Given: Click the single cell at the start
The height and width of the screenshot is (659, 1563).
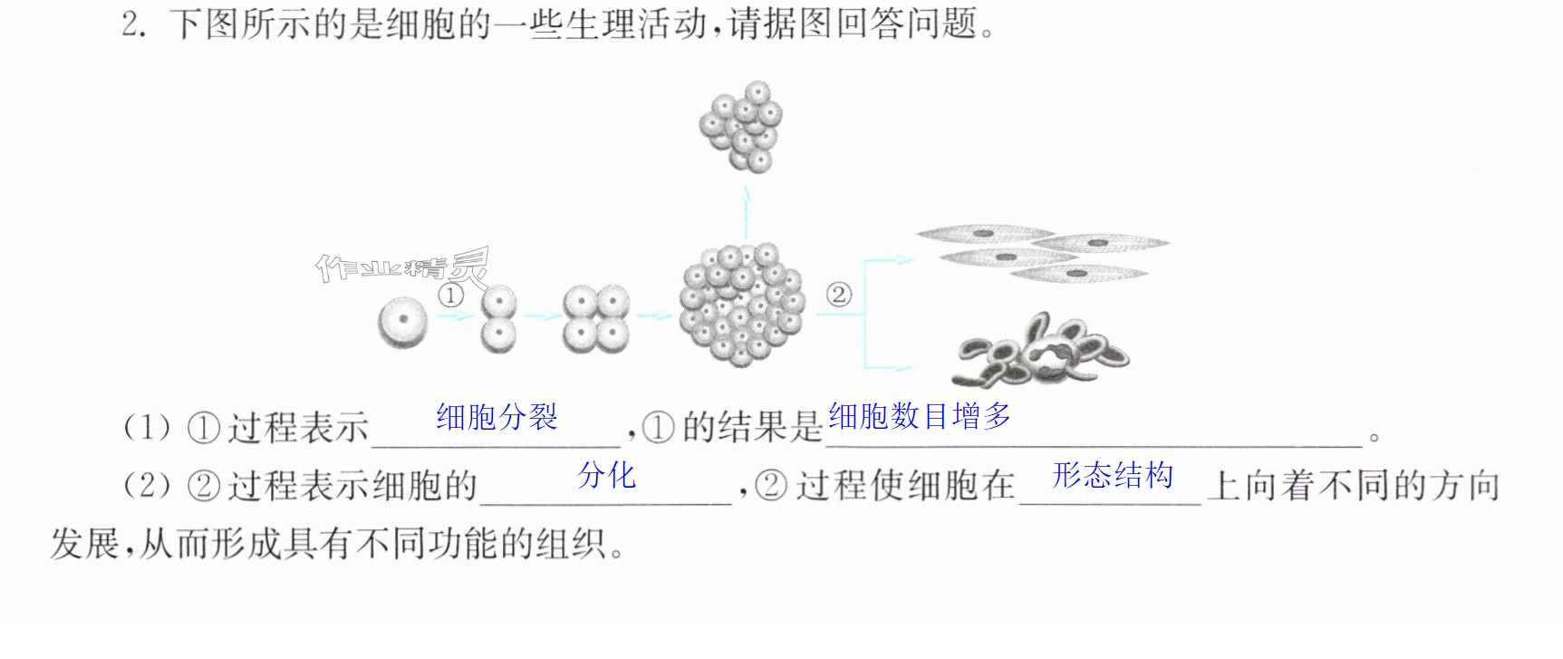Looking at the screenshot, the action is coord(402,320).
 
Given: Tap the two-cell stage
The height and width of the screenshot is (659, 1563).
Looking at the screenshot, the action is coord(498,318).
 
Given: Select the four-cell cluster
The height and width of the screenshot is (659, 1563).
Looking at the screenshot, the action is coord(596,319).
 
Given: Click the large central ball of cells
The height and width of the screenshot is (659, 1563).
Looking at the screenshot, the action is coord(742,305).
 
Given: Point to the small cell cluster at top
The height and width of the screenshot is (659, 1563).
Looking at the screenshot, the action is coord(741,126).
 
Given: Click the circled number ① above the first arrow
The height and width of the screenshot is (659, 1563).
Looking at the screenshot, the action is coord(450,296).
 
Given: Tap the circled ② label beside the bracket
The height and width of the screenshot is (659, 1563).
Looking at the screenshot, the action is coord(839,295).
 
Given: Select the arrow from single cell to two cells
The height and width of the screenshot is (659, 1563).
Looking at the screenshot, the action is coord(455,316).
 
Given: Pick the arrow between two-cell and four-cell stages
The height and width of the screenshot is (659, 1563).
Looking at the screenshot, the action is coord(540,316).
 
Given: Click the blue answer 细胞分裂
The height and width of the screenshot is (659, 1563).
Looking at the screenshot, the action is coord(497,417).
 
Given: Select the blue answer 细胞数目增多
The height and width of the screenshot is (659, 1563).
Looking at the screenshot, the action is coord(920,416).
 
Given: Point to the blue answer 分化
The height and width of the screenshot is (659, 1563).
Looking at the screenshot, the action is coord(607,475).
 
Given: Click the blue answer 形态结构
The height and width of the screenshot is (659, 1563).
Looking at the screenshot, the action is coord(1113,475).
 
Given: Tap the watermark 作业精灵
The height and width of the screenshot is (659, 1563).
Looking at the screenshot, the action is coord(402,267).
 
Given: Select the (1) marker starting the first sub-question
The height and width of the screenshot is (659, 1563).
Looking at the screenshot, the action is coord(147,427).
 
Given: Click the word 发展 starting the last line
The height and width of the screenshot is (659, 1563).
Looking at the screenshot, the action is coord(84,543).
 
